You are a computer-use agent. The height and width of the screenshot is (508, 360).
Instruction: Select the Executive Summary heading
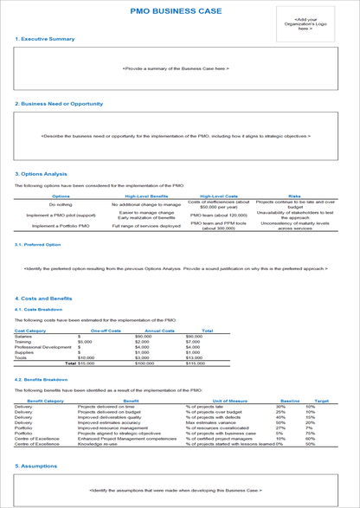[x=45, y=39]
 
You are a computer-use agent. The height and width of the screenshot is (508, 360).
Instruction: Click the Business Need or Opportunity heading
[x=59, y=104]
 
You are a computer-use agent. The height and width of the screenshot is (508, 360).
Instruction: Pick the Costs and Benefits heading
[x=44, y=298]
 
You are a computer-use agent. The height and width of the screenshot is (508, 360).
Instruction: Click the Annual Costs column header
[x=160, y=331]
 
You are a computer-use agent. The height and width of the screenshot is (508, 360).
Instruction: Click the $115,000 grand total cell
[x=208, y=363]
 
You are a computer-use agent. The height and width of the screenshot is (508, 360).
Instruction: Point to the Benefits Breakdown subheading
[x=42, y=379]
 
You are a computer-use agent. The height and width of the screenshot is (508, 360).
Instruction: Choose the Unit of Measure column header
[x=229, y=401]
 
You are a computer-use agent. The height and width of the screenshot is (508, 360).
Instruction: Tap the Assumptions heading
[x=39, y=465]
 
